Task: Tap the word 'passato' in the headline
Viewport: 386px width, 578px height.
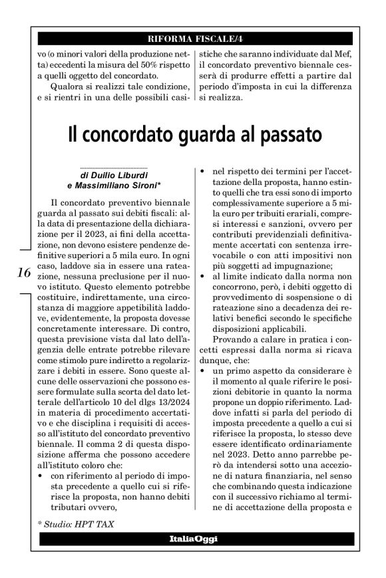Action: pos(284,135)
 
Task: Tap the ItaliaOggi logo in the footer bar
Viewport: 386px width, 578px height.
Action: pos(192,537)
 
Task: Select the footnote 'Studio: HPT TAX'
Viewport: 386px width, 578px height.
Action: pos(77,524)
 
